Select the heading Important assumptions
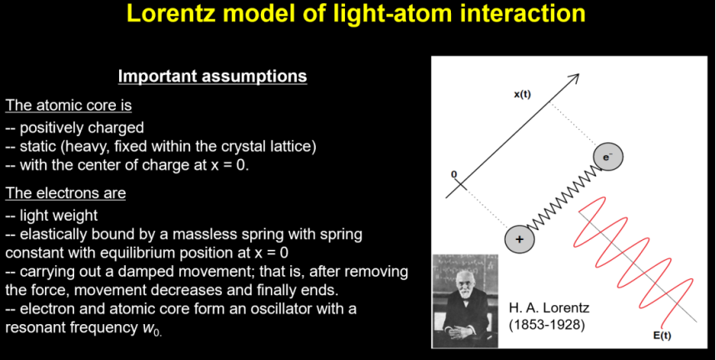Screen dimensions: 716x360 213,76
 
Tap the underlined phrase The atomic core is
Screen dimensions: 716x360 68,105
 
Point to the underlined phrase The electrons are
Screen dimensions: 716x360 66,193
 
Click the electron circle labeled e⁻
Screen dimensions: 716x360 608,157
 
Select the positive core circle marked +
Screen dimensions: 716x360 519,239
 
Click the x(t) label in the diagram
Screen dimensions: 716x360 523,95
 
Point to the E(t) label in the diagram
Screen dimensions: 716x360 663,337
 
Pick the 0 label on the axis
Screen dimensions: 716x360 454,175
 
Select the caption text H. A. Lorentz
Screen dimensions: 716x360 548,307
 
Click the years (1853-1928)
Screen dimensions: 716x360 547,326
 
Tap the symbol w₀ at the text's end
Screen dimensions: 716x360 151,328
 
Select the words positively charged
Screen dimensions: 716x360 82,127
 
